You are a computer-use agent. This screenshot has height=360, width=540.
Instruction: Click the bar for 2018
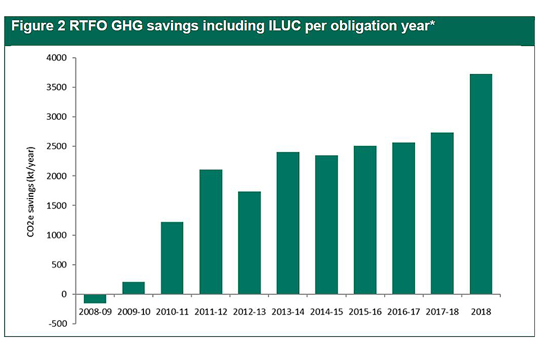tap(481, 184)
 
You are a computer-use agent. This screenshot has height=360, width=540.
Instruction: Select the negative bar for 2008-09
tap(95, 299)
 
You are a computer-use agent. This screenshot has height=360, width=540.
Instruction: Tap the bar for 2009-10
tap(133, 288)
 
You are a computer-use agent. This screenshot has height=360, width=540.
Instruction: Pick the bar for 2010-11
tap(172, 258)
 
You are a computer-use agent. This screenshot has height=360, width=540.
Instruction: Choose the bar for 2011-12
tap(210, 232)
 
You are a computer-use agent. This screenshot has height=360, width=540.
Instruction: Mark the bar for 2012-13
tap(249, 243)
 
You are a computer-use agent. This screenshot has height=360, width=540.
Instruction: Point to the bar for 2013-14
tap(288, 223)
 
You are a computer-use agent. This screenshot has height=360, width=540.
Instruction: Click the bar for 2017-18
tap(442, 213)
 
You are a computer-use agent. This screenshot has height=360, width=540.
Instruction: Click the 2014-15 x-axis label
tap(326, 311)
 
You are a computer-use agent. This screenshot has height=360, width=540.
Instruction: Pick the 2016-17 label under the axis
tap(403, 311)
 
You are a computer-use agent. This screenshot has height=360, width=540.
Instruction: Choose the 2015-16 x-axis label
tap(365, 311)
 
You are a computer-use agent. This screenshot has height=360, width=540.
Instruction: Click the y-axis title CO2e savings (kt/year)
tap(32, 191)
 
